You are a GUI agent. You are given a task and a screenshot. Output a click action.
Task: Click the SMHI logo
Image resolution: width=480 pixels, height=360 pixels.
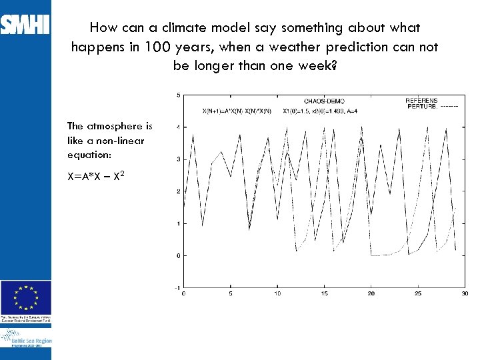(25, 25)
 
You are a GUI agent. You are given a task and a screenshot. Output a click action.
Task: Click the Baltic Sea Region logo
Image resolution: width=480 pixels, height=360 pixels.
(26, 341)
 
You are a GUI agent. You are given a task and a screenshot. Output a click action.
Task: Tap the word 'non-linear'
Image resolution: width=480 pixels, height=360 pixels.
(121, 140)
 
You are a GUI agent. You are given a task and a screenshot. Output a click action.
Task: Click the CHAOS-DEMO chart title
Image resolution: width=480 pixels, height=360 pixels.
(324, 102)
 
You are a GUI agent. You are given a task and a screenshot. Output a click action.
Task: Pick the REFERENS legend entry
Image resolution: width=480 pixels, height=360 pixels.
(421, 101)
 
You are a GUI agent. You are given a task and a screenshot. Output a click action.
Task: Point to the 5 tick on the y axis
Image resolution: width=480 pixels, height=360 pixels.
(177, 95)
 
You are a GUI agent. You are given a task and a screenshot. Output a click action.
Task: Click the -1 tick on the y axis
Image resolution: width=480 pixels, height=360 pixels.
(176, 287)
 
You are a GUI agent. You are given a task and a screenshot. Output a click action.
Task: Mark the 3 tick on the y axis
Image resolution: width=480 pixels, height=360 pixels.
(177, 159)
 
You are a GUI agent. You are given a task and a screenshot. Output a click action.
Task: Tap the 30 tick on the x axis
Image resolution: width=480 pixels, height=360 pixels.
(465, 294)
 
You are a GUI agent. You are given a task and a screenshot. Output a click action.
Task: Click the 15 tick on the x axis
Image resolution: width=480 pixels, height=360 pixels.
(324, 294)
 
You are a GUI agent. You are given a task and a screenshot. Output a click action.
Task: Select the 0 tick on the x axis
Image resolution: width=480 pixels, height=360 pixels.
(183, 294)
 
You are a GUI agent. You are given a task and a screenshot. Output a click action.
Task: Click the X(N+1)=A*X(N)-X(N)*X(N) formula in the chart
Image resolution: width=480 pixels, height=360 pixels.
(237, 111)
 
